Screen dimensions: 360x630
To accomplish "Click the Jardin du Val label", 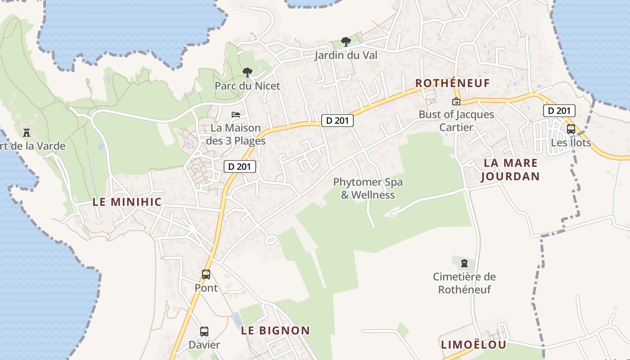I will tap(346, 55).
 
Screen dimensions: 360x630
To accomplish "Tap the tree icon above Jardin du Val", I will tap(346, 42).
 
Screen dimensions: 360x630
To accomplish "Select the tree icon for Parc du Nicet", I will tap(247, 72).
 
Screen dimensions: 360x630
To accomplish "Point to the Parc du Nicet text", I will tap(247, 85).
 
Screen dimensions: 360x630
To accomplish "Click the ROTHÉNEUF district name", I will tap(452, 83).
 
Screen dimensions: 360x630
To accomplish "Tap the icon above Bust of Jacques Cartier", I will tap(456, 101).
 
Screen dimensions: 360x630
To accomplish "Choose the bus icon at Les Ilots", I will tap(571, 129).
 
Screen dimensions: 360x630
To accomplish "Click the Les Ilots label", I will tap(571, 143).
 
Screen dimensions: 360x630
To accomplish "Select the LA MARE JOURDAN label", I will tap(510, 170).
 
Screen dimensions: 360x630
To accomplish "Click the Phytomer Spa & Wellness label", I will tap(368, 189).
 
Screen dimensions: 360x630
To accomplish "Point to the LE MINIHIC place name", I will tap(127, 202).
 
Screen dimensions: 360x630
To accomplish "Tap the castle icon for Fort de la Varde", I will tap(27, 132).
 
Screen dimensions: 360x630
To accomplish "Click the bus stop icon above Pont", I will tap(206, 274).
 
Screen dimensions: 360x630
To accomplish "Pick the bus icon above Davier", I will tap(204, 332).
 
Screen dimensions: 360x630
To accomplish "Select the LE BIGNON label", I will tap(275, 330).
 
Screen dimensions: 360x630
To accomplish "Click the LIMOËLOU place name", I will tap(473, 345).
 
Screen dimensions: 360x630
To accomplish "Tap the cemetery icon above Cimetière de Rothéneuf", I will tap(464, 263).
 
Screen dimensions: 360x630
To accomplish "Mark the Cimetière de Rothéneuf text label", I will tap(464, 283).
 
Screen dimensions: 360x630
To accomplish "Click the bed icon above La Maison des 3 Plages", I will tap(236, 115).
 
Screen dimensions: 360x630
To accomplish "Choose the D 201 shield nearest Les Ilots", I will tap(559, 111).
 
